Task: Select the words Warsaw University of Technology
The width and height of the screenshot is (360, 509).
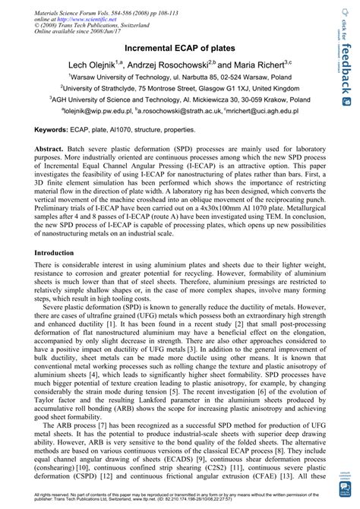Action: click(x=118, y=77)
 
